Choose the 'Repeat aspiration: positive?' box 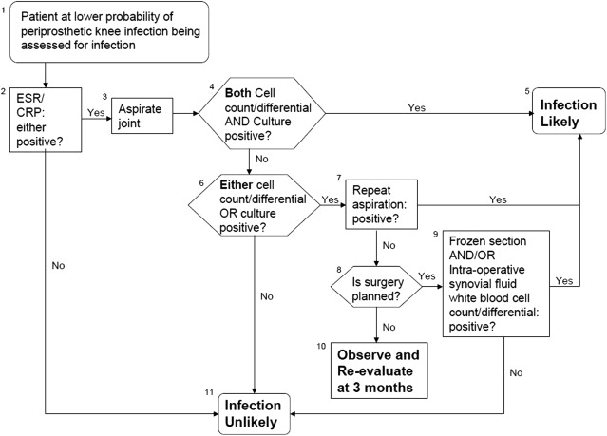click(382, 203)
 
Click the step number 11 click(209, 391)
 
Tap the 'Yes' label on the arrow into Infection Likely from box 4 click(417, 107)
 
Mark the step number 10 click(323, 343)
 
